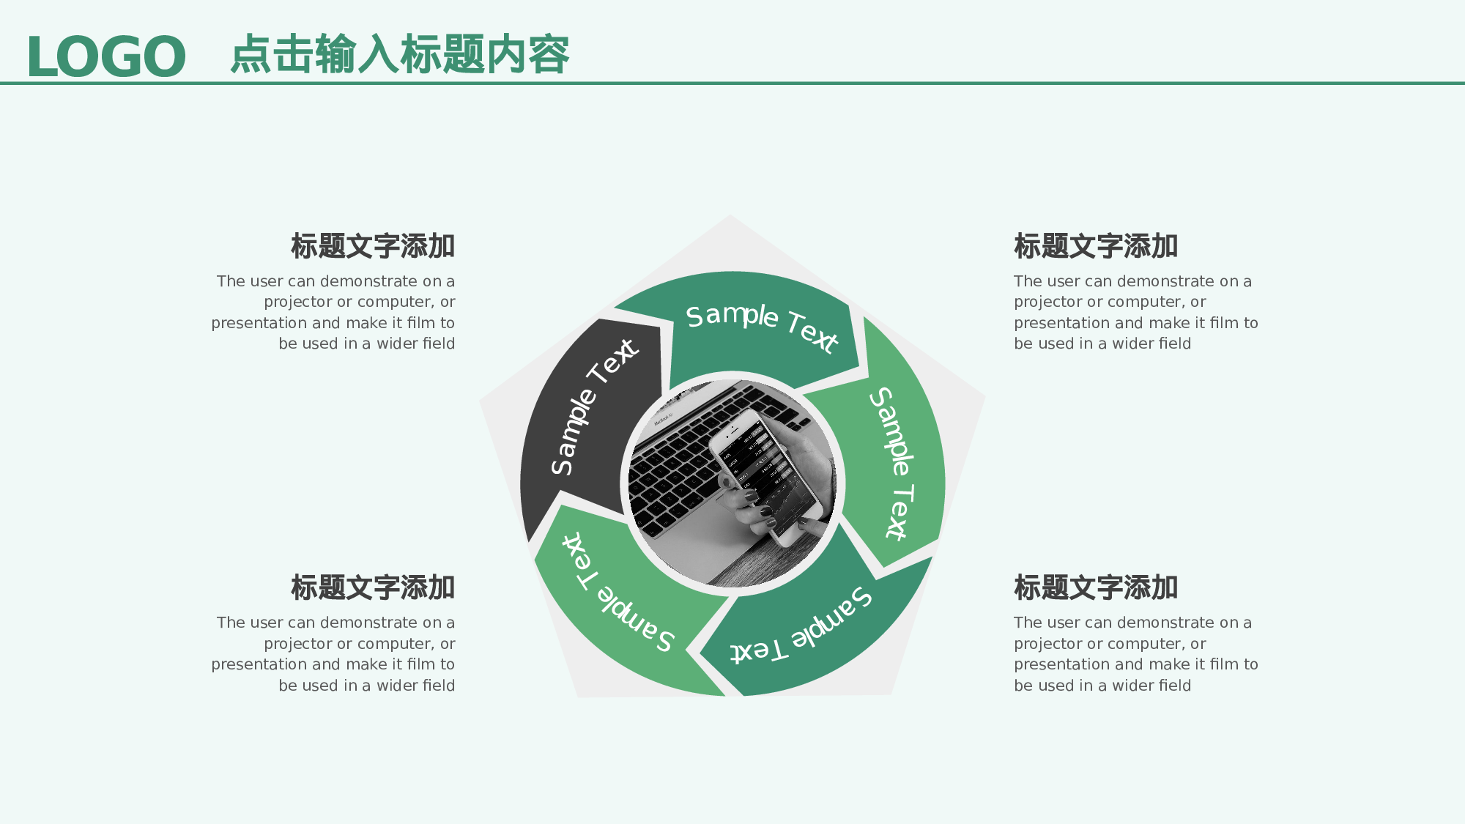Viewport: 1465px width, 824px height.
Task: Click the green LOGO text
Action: click(x=106, y=56)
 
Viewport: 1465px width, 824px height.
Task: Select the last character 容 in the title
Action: click(x=549, y=54)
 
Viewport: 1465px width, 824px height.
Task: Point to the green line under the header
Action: click(x=732, y=83)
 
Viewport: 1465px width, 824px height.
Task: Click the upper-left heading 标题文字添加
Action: click(x=373, y=246)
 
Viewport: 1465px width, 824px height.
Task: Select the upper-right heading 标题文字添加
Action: click(x=1096, y=246)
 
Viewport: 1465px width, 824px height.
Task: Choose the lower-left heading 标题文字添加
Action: click(x=373, y=587)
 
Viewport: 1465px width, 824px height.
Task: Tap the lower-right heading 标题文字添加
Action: click(x=1096, y=587)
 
